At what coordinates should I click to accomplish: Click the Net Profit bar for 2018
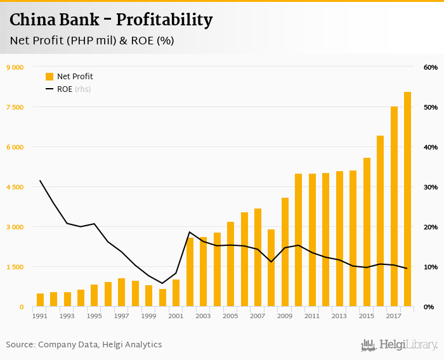click(x=407, y=200)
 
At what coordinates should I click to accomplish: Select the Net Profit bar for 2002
click(x=190, y=273)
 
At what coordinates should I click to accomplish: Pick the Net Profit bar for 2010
click(x=298, y=240)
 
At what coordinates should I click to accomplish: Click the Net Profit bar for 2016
click(x=380, y=221)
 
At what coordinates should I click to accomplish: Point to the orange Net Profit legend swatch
click(x=49, y=77)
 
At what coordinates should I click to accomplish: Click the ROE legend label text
click(x=65, y=89)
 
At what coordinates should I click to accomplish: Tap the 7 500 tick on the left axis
click(x=15, y=107)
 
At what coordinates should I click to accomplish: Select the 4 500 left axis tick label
click(x=15, y=187)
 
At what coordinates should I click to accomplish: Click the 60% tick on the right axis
click(x=430, y=67)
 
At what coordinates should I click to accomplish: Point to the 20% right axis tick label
click(x=430, y=227)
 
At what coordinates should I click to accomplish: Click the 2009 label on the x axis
click(x=285, y=316)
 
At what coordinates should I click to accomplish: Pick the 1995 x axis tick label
click(x=95, y=316)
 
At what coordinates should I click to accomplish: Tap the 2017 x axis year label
click(x=394, y=316)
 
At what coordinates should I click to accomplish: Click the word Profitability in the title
click(x=164, y=20)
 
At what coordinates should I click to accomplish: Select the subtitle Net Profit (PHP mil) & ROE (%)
click(x=92, y=41)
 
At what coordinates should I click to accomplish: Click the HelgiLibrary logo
click(x=399, y=345)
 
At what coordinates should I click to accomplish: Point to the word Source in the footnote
click(x=20, y=345)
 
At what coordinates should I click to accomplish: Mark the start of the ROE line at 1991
click(x=40, y=181)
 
